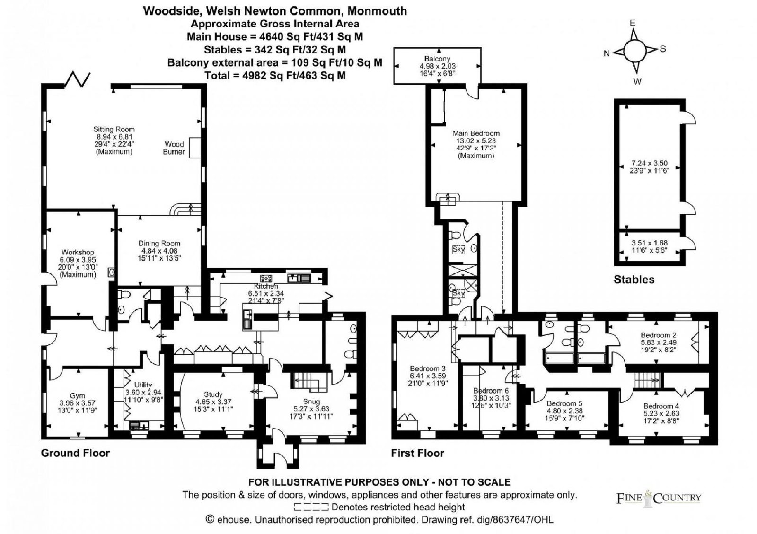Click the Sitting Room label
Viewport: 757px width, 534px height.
pyautogui.click(x=114, y=129)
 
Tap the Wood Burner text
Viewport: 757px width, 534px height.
pyautogui.click(x=174, y=148)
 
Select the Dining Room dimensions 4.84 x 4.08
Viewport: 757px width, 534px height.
pyautogui.click(x=159, y=251)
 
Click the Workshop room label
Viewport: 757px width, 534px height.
pyautogui.click(x=78, y=252)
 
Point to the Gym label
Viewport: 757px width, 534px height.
pyautogui.click(x=77, y=395)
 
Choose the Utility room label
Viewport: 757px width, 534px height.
pyautogui.click(x=143, y=385)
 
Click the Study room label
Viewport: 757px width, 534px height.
pyautogui.click(x=213, y=394)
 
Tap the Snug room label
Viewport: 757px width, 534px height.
pyautogui.click(x=311, y=401)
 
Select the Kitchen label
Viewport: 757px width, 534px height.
pyautogui.click(x=265, y=287)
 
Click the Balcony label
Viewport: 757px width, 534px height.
pyautogui.click(x=437, y=59)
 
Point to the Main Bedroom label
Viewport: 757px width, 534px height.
pyautogui.click(x=476, y=133)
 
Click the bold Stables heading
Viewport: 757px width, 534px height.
pyautogui.click(x=634, y=280)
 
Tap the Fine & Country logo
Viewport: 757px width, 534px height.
pyautogui.click(x=659, y=498)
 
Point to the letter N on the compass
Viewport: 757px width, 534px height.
pyautogui.click(x=607, y=53)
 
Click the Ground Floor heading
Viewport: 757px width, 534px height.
pyautogui.click(x=75, y=453)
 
